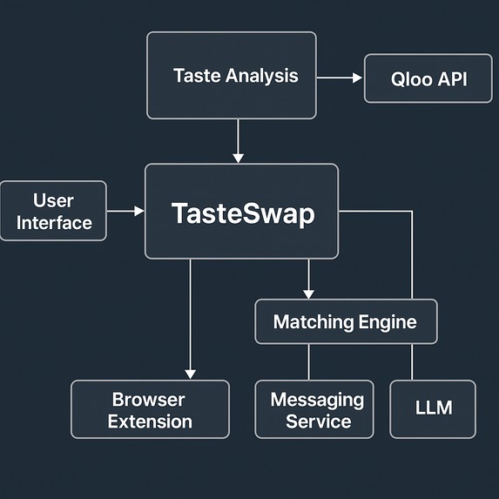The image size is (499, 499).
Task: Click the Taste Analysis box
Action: point(231,75)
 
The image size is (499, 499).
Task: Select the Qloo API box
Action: point(415,78)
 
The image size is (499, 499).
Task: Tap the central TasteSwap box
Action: point(241,212)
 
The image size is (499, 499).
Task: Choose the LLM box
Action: point(433,408)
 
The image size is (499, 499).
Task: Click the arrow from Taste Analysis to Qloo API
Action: point(340,78)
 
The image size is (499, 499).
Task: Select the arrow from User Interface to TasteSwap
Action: point(125,211)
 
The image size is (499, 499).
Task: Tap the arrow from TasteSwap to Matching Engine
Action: point(308,279)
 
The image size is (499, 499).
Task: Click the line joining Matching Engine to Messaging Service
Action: point(309,361)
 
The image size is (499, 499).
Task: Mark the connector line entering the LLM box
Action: point(411,361)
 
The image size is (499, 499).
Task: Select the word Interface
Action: point(54,223)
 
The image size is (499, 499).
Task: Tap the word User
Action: point(53,201)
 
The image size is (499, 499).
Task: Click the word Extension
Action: point(151,421)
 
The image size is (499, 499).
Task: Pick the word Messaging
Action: point(317,400)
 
